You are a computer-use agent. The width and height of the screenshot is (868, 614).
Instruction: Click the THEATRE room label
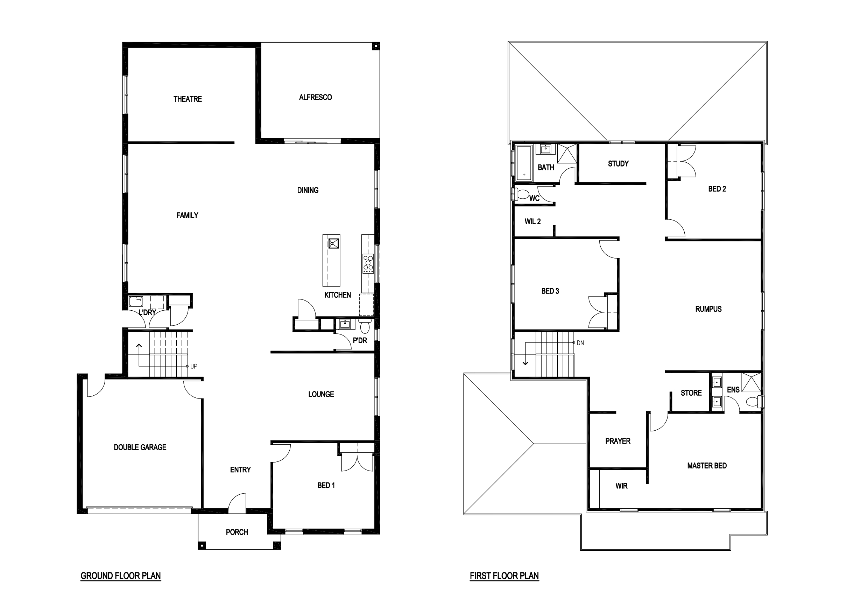188,99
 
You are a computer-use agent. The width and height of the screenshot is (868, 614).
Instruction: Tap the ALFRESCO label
315,98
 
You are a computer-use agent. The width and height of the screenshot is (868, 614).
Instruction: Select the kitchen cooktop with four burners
368,263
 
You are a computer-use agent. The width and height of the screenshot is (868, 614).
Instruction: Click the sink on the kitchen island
333,243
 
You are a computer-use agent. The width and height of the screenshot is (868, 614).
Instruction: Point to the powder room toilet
365,325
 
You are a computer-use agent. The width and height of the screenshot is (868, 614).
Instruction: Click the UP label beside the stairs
193,366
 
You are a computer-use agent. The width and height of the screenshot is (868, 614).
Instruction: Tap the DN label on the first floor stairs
580,343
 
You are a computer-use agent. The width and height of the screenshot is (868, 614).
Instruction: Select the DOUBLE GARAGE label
140,447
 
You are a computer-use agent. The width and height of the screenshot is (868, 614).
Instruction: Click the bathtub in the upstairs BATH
524,163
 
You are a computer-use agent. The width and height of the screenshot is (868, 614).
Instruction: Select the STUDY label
618,164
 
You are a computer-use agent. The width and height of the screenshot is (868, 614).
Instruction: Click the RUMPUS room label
708,309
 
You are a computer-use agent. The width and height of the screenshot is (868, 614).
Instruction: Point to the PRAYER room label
618,441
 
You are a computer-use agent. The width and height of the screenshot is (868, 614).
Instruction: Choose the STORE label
691,393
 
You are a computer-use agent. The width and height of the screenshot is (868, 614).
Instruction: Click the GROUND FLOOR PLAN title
121,576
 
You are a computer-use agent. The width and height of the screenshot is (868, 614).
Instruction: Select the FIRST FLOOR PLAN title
504,576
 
